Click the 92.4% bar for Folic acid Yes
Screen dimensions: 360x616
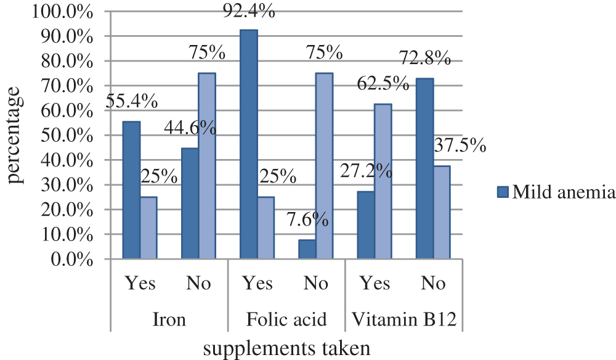coord(249,144)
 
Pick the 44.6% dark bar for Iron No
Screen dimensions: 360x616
coord(190,203)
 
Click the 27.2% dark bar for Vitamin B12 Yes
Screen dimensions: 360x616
coord(366,224)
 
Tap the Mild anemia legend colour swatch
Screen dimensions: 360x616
coord(503,193)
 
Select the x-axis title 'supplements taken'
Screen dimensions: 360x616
coord(286,349)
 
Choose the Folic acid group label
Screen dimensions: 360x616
coord(286,319)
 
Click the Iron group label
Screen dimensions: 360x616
coord(169,319)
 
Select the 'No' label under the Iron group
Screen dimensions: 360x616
coord(198,284)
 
